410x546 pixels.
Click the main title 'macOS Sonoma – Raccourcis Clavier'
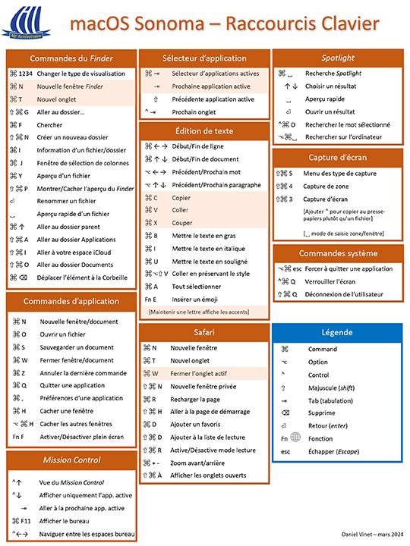pyautogui.click(x=224, y=24)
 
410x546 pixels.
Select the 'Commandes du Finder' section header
pyautogui.click(x=71, y=58)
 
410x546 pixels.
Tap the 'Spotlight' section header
pyautogui.click(x=338, y=58)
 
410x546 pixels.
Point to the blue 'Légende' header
pyautogui.click(x=337, y=332)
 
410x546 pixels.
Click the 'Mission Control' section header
pyautogui.click(x=71, y=460)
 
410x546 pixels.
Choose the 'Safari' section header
pyautogui.click(x=203, y=332)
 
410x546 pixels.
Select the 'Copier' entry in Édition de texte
pyautogui.click(x=181, y=197)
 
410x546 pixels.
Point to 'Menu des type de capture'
pyautogui.click(x=340, y=173)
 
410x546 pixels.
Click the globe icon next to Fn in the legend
pyautogui.click(x=295, y=438)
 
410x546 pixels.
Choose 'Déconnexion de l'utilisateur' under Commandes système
pyautogui.click(x=344, y=294)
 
